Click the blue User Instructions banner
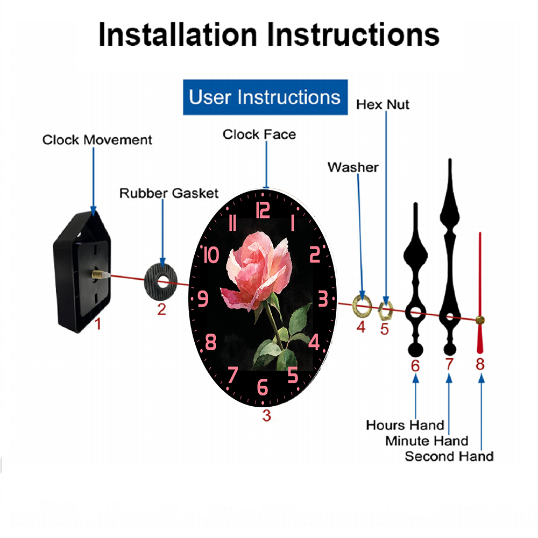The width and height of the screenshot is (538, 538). point(265,97)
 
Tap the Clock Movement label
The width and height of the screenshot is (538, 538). point(97,140)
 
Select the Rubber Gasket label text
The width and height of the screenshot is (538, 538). point(169,193)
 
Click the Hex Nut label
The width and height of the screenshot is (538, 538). point(383,104)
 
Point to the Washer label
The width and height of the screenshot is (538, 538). point(353,167)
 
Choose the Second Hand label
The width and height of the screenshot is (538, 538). point(449,456)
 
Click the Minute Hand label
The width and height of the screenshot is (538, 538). point(427,441)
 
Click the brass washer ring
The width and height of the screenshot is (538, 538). point(362,305)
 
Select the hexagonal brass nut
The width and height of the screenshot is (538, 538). point(385,310)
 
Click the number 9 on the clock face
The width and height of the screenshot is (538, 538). point(203,299)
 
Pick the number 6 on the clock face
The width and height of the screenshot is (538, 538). point(263,387)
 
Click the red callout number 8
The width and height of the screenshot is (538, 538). point(480,364)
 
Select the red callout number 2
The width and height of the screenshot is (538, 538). point(161,309)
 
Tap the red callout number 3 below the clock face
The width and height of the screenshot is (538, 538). point(267,415)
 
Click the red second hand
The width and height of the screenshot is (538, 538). point(480,293)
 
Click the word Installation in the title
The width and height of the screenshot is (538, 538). point(178,34)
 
